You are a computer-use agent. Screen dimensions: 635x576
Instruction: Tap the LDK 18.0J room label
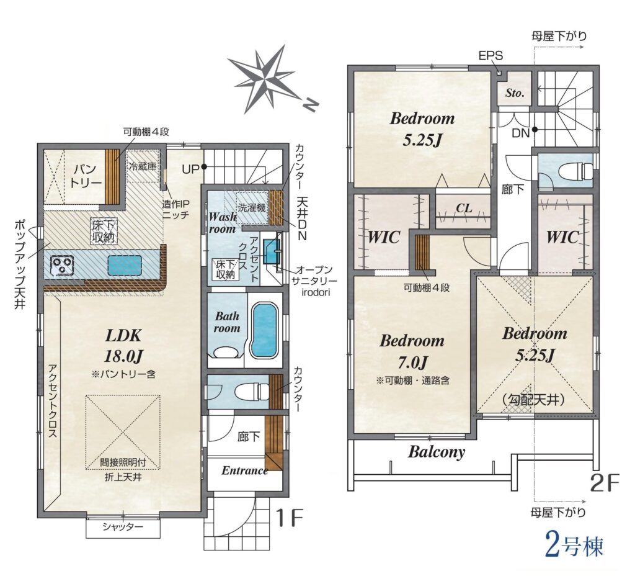(x=123, y=346)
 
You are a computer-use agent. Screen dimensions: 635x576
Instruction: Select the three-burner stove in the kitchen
(x=62, y=265)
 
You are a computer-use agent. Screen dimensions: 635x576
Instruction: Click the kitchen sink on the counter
(x=125, y=266)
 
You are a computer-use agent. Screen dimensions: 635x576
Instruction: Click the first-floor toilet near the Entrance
(x=252, y=391)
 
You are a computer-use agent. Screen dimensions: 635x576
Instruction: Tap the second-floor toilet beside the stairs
(x=575, y=170)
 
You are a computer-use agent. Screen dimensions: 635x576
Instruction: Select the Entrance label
(x=244, y=470)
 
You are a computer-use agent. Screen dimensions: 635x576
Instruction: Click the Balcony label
(x=437, y=452)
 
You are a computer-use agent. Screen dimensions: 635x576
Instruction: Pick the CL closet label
(x=464, y=209)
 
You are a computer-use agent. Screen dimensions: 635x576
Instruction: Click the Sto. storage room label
(x=515, y=93)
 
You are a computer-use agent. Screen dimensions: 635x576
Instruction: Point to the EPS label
(x=491, y=55)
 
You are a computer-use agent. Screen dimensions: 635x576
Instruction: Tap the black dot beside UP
(x=205, y=166)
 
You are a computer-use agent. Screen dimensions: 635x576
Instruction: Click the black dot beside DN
(x=535, y=130)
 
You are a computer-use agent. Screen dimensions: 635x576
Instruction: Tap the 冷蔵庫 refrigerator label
(x=143, y=166)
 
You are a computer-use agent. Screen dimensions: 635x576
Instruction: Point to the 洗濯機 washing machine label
(x=252, y=207)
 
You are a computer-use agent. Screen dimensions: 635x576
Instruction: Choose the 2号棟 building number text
(x=574, y=546)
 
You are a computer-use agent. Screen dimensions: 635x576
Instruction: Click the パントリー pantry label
(x=86, y=176)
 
